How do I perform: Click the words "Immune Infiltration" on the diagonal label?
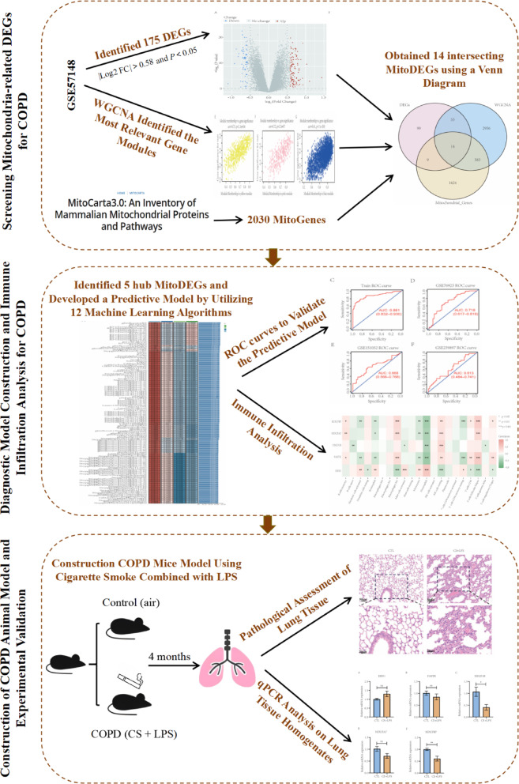coord(280,451)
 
